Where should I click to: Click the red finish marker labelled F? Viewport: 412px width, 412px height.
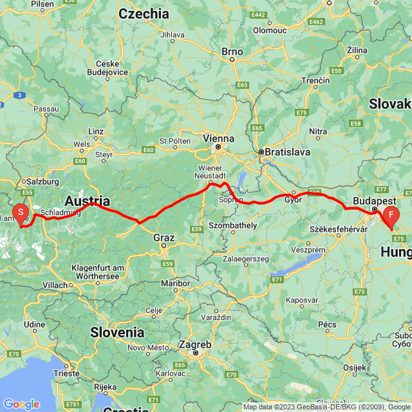(x=391, y=215)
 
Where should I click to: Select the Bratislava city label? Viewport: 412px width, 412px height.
(x=284, y=153)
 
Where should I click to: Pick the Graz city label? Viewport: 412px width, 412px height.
(x=164, y=238)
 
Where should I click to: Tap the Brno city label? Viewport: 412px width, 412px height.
(x=232, y=51)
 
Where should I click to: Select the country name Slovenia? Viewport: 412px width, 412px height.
(x=117, y=332)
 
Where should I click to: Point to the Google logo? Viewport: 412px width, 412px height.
(x=21, y=404)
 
